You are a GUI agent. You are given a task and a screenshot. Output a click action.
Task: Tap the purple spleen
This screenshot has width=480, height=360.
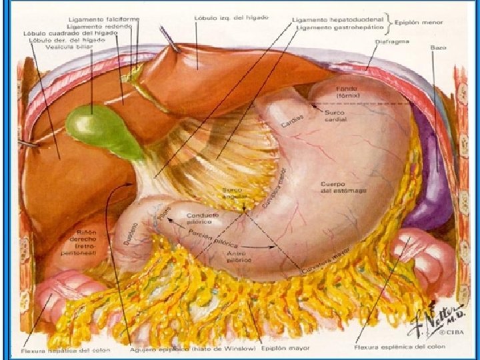click(x=431, y=180)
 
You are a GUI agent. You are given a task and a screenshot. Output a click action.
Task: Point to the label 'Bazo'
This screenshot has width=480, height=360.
click(x=438, y=47)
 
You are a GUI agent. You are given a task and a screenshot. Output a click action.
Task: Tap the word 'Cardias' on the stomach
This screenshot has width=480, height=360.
click(x=291, y=120)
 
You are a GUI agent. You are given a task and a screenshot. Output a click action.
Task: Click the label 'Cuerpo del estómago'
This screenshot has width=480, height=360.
click(x=341, y=187)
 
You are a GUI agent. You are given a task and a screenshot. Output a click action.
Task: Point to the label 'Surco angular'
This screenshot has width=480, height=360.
click(x=234, y=193)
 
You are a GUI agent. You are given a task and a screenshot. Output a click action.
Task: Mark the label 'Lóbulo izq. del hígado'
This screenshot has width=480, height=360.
click(x=231, y=17)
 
